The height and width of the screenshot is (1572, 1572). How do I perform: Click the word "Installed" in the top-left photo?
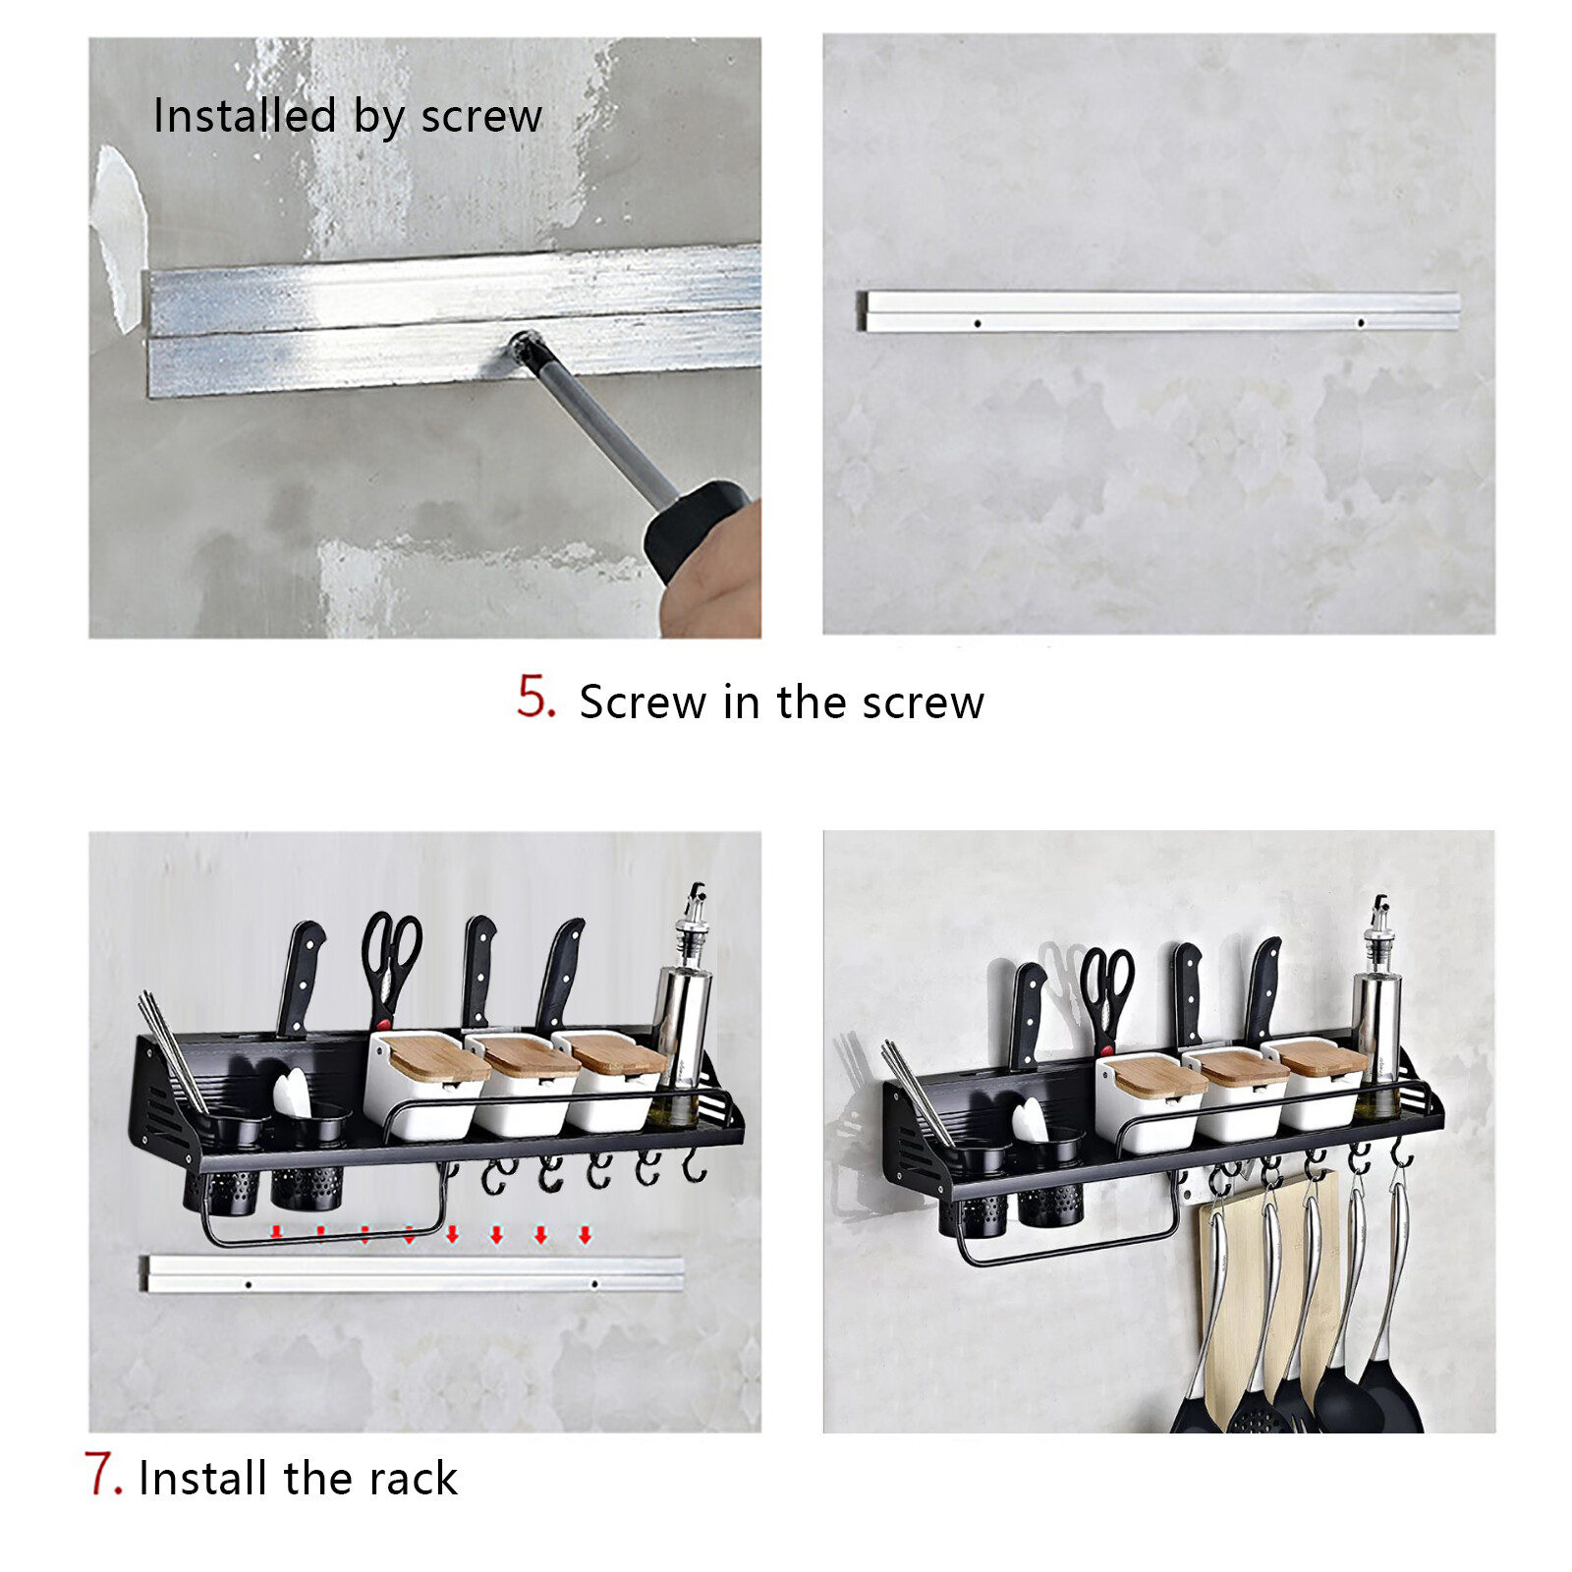pos(245,116)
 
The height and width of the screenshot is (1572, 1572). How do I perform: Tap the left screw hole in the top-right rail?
pos(978,322)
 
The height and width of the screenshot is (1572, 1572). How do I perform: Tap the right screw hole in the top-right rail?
pos(1361,322)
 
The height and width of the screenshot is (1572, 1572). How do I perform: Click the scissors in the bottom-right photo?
pos(1106,1000)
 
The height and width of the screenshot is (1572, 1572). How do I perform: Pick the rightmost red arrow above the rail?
pos(585,1234)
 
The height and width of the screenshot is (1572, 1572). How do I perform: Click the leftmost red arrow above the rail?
pos(277,1233)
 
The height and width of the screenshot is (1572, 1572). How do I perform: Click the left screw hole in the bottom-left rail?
pos(249,1284)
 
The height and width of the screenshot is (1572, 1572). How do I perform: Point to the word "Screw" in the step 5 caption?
pos(643,702)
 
